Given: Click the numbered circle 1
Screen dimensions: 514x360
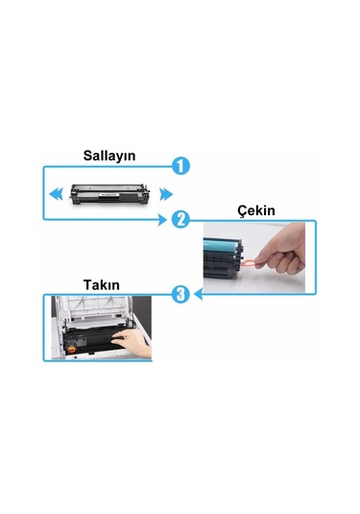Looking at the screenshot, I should [180, 165].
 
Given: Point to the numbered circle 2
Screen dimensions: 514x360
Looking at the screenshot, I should [180, 219].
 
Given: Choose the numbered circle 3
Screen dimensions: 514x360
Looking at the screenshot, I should [180, 294].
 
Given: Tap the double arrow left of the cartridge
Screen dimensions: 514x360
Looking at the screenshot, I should [58, 192].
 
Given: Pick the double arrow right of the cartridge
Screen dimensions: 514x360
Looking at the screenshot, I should [165, 192].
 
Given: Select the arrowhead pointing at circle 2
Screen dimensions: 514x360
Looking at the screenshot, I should [166, 220].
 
